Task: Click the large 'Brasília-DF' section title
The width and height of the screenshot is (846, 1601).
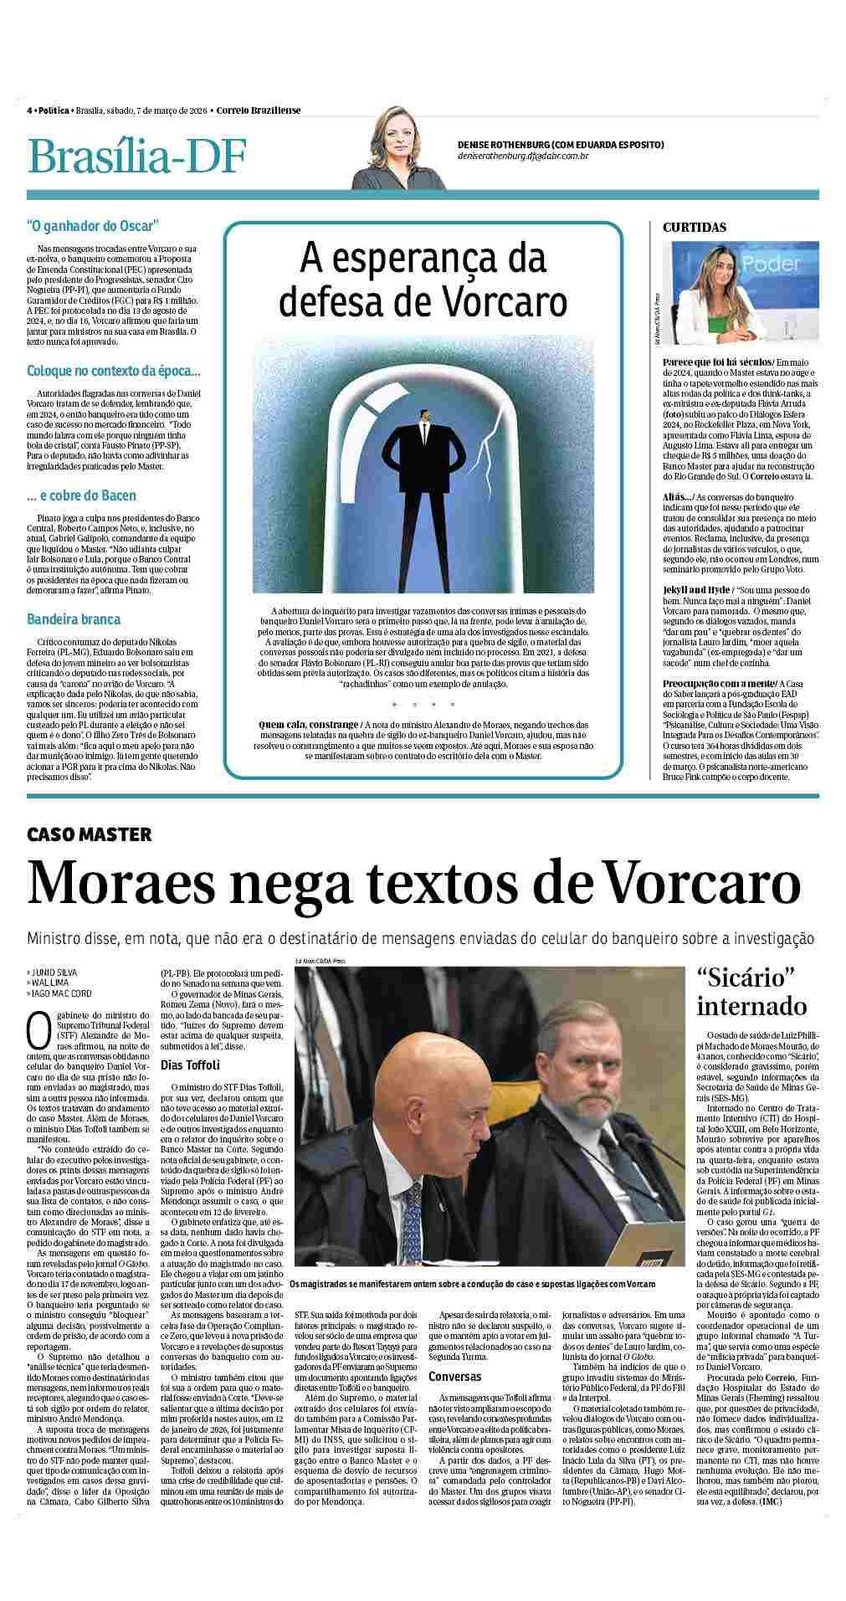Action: tap(137, 156)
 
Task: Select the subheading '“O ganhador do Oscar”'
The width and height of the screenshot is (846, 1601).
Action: tap(92, 225)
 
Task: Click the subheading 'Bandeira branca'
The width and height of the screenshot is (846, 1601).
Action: tap(74, 619)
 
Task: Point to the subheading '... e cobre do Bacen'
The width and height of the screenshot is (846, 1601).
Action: tap(81, 495)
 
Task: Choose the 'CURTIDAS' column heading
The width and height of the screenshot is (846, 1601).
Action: tap(695, 227)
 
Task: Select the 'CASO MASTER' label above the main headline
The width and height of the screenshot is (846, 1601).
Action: tap(90, 834)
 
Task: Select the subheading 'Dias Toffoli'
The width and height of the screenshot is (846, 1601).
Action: tap(190, 1065)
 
